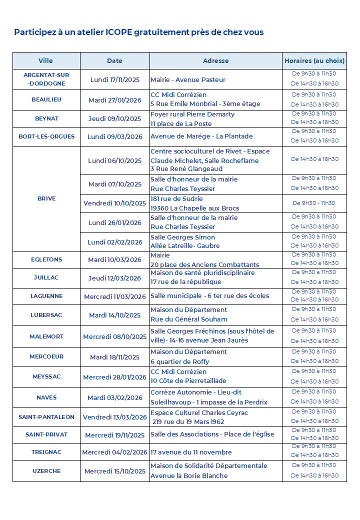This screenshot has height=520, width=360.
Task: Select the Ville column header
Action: (45, 60)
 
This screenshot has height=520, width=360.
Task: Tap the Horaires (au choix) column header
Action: (314, 60)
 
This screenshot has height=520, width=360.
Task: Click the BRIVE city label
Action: (46, 198)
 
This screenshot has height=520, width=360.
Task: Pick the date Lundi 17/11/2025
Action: (114, 79)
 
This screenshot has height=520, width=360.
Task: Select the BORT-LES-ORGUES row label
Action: (46, 136)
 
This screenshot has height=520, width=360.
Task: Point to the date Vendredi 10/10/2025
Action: (114, 203)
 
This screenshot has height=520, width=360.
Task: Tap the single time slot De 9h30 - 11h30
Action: (314, 203)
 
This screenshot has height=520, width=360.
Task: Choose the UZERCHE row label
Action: (46, 471)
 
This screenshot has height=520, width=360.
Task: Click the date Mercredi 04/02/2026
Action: (114, 452)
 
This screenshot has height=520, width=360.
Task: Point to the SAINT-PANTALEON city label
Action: (46, 417)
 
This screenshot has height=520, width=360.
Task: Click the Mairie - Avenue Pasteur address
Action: (188, 79)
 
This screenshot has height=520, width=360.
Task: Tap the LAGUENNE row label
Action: (46, 296)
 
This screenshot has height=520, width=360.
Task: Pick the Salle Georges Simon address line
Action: (182, 237)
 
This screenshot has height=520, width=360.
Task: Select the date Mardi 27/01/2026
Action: (114, 100)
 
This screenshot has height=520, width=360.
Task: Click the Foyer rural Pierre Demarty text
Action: (192, 114)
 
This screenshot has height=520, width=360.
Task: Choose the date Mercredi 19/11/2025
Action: (114, 435)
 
